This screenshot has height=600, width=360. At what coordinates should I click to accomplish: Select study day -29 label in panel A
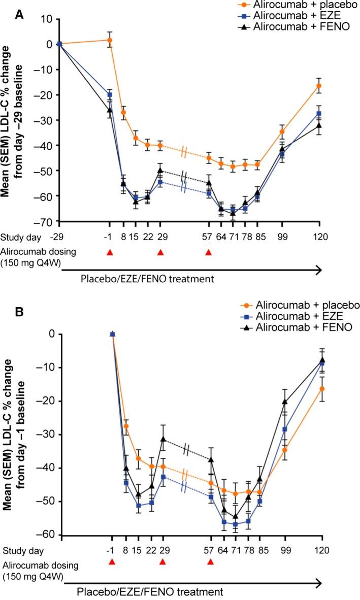[x=59, y=237]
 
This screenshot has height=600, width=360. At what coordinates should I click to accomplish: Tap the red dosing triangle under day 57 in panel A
[x=208, y=252]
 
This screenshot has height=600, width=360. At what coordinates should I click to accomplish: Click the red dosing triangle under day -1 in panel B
[x=112, y=562]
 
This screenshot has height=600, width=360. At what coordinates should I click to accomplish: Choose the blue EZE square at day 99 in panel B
[x=285, y=429]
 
